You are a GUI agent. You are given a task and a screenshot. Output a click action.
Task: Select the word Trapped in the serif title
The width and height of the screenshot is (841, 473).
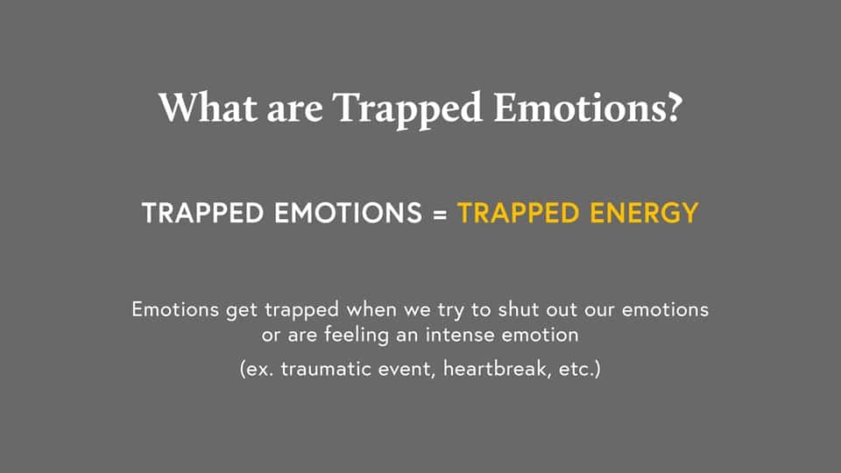coord(407,111)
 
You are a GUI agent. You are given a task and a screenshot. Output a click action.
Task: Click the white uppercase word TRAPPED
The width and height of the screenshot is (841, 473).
coord(202,213)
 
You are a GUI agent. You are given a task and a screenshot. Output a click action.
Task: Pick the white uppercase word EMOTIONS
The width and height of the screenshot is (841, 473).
coord(349,213)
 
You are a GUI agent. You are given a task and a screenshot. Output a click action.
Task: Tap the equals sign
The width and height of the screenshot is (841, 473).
coord(440,214)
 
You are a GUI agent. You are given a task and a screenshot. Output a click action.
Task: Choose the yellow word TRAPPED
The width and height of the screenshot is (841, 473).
coord(518,213)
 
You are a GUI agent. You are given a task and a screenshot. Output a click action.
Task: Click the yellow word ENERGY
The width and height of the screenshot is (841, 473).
coord(644,213)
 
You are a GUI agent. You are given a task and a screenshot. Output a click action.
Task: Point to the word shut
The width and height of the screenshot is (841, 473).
coord(517,309)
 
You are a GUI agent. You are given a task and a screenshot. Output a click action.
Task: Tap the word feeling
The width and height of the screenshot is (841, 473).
coord(357,335)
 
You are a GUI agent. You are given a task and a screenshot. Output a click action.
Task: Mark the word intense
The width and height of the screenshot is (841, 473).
coord(460,335)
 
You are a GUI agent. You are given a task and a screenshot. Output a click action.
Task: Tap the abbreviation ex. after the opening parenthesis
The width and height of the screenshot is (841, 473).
coord(260,370)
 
